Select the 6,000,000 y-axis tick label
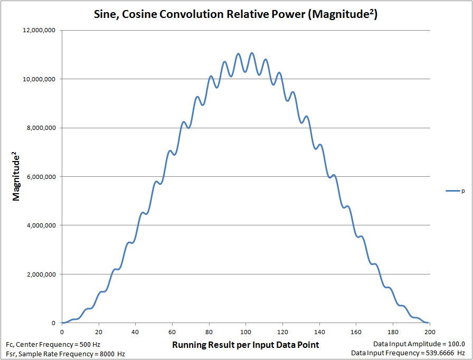pos(43,177)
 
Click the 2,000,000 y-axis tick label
pos(43,274)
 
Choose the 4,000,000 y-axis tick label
pos(43,225)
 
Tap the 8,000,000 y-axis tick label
pos(43,128)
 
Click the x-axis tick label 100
pos(245,331)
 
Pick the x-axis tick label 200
pos(429,331)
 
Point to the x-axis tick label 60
pos(172,331)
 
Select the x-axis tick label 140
pos(319,331)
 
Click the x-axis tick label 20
pos(99,331)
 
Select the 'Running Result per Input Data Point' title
pos(245,345)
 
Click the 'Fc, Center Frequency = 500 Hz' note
pos(49,344)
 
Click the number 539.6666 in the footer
pos(440,353)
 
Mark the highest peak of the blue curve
pos(252,53)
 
